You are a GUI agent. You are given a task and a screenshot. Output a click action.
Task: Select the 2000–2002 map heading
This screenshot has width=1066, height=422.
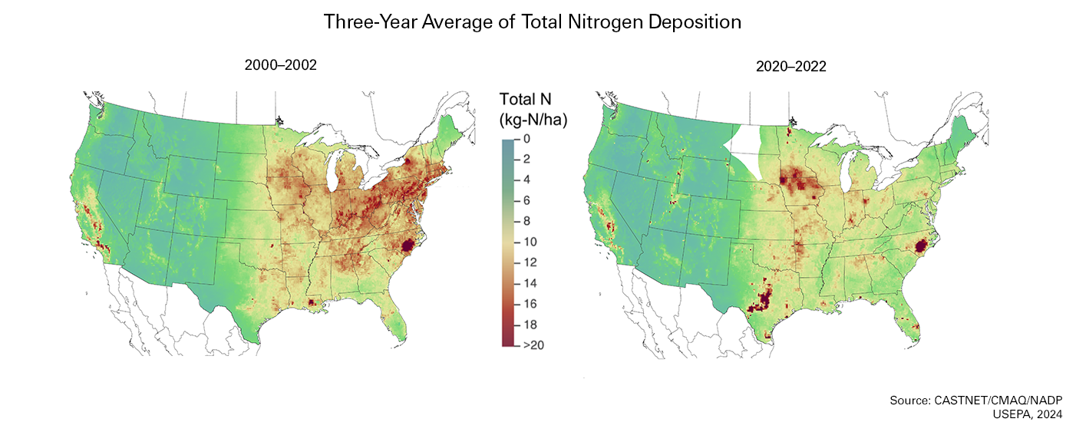point(280,66)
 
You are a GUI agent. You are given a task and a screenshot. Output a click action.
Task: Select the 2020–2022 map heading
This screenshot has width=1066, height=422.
point(790,66)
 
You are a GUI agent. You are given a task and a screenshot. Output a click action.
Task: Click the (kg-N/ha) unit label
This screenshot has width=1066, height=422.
point(533,120)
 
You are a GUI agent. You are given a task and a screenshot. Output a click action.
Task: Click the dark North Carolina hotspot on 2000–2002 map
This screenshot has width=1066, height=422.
point(408,245)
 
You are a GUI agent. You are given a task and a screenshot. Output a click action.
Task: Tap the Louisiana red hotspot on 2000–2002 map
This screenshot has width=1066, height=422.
point(312,302)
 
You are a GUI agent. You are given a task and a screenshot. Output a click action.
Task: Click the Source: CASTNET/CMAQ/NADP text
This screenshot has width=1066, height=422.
point(975,401)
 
